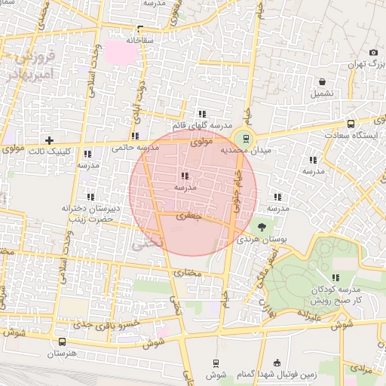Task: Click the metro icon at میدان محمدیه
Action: tap(244, 137)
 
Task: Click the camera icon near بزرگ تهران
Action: tap(373, 52)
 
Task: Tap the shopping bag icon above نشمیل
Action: tap(322, 81)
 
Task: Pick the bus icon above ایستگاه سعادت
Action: tap(350, 123)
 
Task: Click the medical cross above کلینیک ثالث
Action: tap(49, 140)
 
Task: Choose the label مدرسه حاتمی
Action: tap(136, 148)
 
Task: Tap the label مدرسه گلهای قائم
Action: tap(200, 124)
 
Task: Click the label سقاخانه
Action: tap(140, 39)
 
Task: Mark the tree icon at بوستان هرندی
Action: tap(262, 226)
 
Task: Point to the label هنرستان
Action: tap(63, 353)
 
